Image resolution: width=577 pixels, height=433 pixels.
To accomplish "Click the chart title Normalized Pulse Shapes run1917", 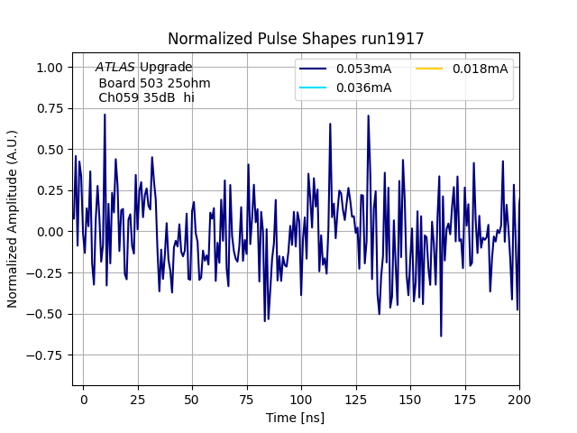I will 296,39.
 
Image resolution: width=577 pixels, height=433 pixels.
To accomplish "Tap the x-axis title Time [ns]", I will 296,418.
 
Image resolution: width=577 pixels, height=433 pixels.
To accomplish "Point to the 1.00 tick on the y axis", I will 50,68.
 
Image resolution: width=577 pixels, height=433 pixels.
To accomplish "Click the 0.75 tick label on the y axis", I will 50,108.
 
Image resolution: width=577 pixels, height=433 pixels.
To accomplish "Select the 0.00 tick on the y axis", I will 50,232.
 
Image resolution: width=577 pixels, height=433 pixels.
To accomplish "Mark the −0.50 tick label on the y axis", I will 46,314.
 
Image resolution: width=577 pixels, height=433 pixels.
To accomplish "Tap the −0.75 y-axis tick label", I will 46,355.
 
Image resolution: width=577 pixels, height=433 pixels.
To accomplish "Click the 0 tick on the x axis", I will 83,398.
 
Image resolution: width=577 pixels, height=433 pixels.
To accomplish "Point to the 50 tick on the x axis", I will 192,398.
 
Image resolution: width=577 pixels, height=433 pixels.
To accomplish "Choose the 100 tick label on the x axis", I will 301,398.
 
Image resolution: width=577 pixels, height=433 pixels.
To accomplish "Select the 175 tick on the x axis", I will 464,398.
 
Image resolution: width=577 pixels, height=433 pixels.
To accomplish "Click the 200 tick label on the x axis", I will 518,398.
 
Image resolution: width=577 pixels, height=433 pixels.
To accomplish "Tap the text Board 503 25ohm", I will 142,82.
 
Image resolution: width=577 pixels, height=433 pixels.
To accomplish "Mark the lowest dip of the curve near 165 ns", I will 441,336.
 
